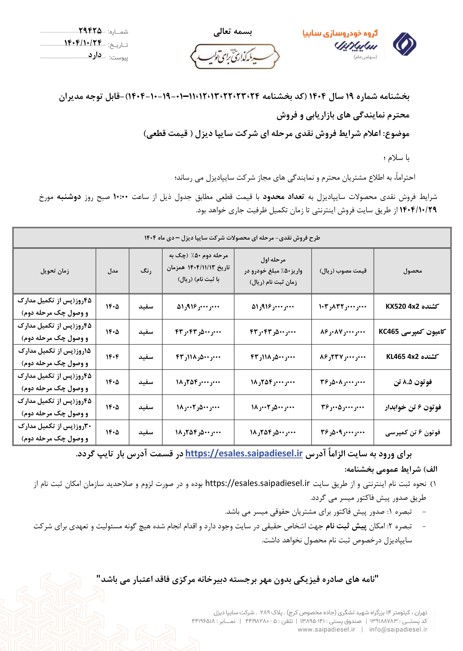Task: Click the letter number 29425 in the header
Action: click(x=90, y=30)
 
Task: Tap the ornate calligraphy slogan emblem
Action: click(x=235, y=56)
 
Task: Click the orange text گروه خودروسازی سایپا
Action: click(x=340, y=33)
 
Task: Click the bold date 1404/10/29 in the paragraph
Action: click(x=418, y=210)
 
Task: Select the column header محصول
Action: click(x=412, y=271)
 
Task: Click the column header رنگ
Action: click(x=146, y=271)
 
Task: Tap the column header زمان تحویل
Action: click(x=55, y=271)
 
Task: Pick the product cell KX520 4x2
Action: click(x=412, y=306)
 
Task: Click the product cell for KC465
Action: click(x=412, y=332)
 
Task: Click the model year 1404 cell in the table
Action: click(x=112, y=357)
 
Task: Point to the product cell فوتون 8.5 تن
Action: click(x=412, y=382)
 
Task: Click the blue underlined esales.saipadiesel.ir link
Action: click(x=244, y=454)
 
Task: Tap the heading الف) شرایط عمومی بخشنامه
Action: click(x=391, y=469)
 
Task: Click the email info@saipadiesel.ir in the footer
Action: click(x=398, y=629)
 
